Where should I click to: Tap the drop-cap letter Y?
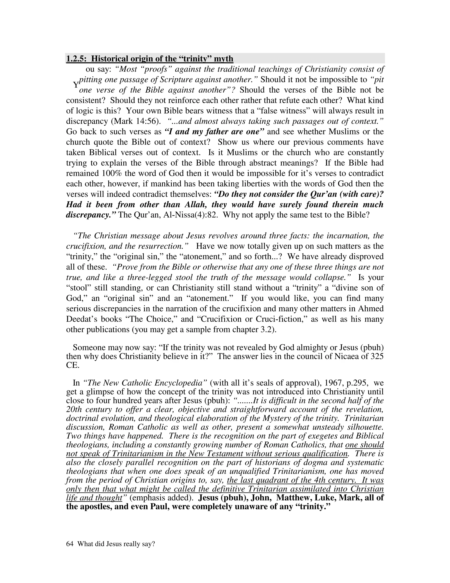[x=76, y=85]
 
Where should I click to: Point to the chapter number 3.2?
[x=266, y=330]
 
